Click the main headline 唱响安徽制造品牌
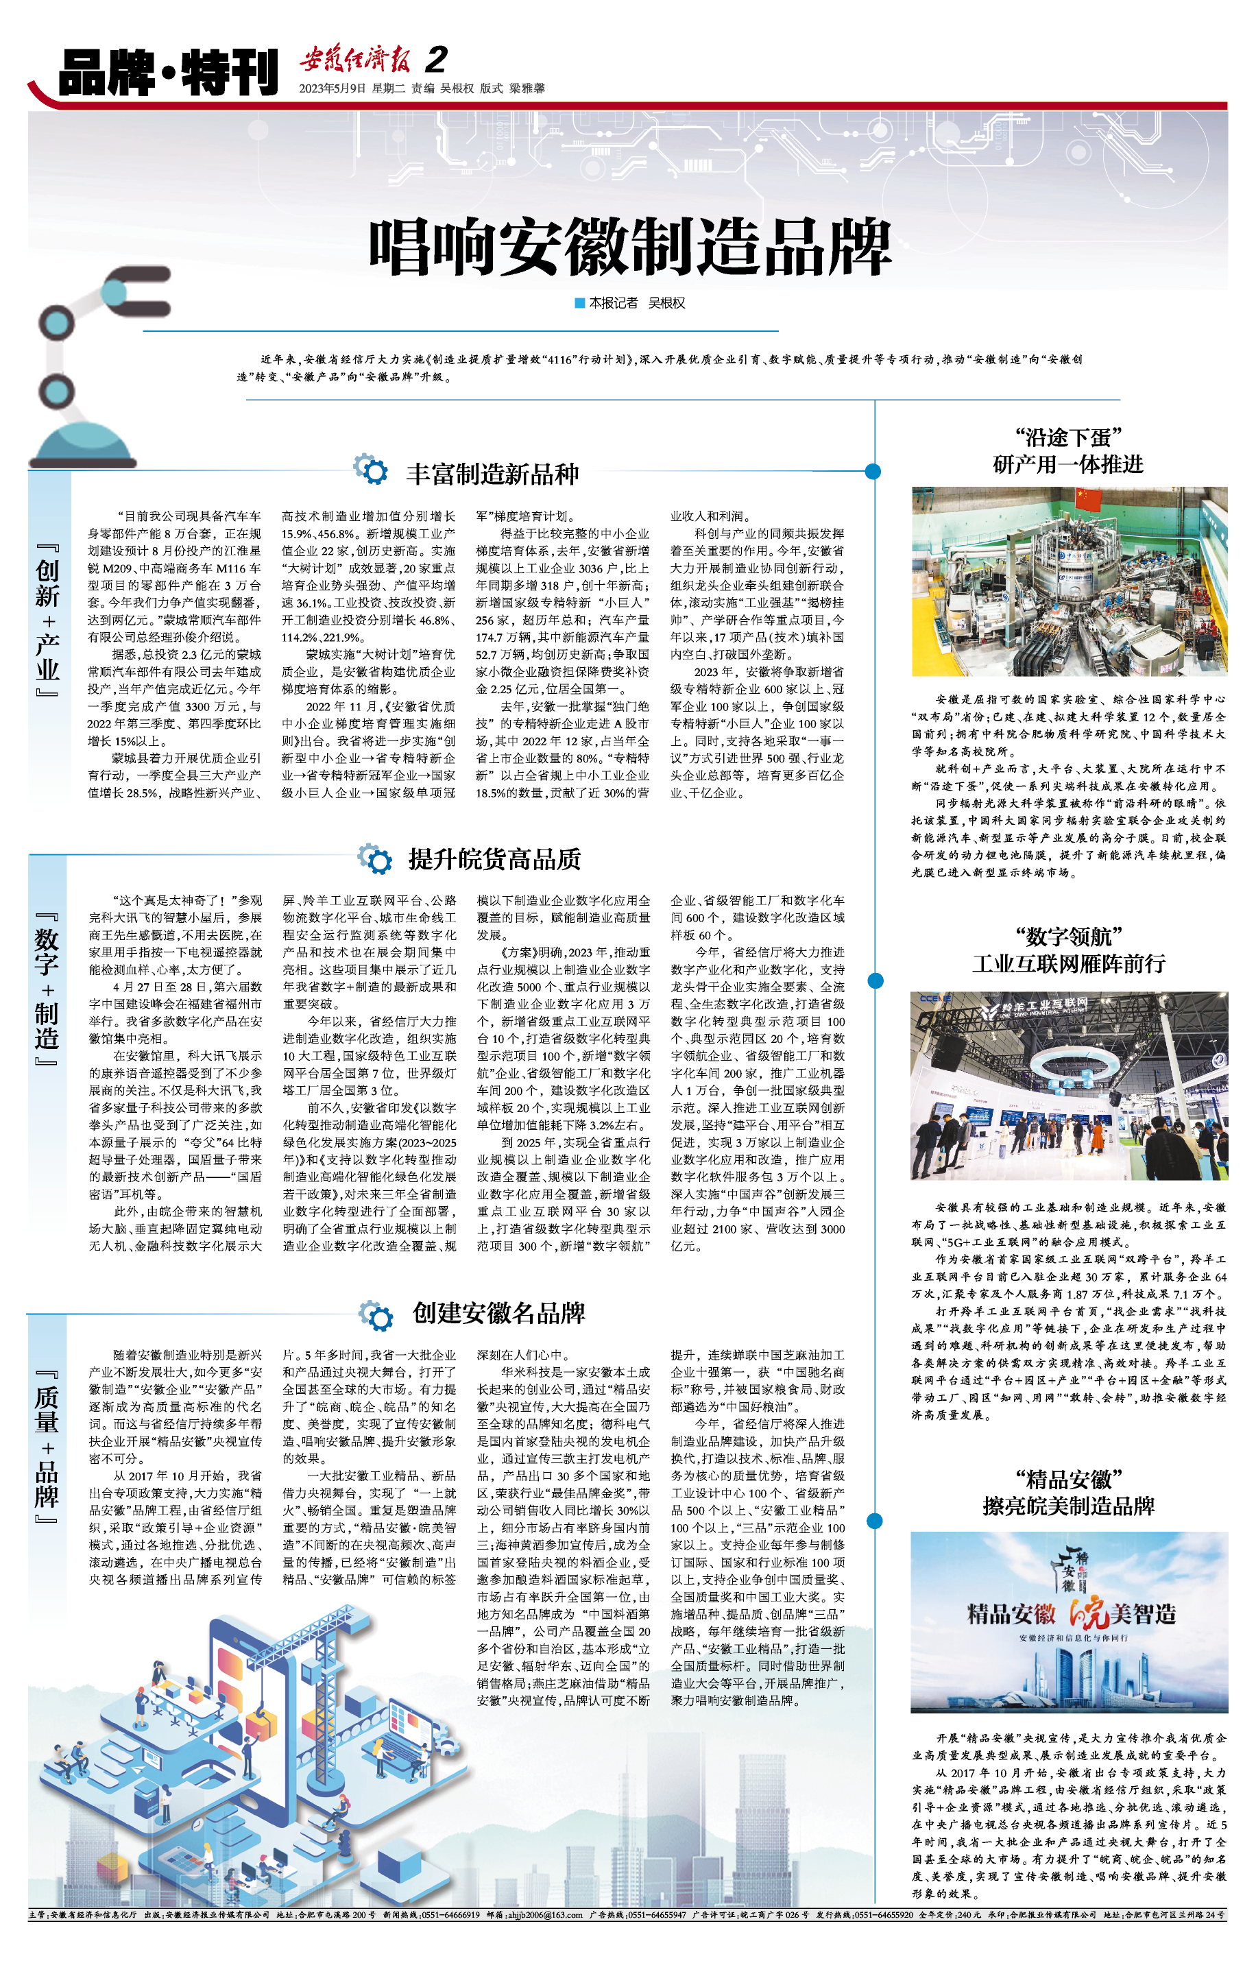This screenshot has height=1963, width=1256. click(x=629, y=247)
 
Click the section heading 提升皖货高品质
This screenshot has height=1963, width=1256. click(x=494, y=858)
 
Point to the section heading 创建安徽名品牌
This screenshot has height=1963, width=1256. click(x=498, y=1313)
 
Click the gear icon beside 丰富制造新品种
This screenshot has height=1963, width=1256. click(x=371, y=470)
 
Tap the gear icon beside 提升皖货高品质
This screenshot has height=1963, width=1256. click(x=374, y=858)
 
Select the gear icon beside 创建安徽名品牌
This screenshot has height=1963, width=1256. click(x=376, y=1314)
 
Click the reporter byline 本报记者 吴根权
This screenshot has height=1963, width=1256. click(x=631, y=303)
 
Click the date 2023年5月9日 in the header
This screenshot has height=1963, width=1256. click(x=332, y=88)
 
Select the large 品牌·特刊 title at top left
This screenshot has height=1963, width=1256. click(x=168, y=72)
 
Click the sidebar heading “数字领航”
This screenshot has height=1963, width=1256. click(x=1068, y=936)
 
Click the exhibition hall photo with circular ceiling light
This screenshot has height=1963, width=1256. click(x=1068, y=1085)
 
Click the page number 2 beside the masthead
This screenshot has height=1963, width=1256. click(x=437, y=60)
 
